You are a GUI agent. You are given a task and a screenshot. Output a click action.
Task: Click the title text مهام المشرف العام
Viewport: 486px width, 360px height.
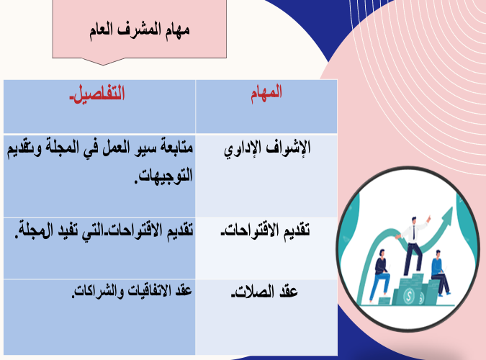[x=140, y=30]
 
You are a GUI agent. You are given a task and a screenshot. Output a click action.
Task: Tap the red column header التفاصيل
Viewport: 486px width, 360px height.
[x=97, y=93]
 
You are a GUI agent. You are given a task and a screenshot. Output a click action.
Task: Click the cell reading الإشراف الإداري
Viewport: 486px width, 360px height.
[x=267, y=148]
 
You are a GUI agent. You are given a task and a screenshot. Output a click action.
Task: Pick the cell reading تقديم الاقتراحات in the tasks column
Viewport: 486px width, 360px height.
[x=265, y=230]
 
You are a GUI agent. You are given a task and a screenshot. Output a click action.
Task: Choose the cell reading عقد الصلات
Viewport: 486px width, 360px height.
[x=264, y=292]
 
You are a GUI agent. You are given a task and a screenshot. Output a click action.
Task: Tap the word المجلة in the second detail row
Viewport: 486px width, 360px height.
[x=30, y=230]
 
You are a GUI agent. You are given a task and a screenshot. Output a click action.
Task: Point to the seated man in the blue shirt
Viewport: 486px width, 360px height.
[x=440, y=273]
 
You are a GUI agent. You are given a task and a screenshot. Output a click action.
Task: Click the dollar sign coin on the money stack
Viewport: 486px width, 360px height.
[x=409, y=296]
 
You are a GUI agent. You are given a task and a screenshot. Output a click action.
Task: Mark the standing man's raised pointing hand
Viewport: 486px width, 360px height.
[x=428, y=218]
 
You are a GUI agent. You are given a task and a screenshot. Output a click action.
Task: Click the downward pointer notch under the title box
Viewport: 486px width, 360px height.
[x=103, y=61]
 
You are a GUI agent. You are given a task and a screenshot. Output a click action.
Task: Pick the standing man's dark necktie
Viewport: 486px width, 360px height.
[x=413, y=233]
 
